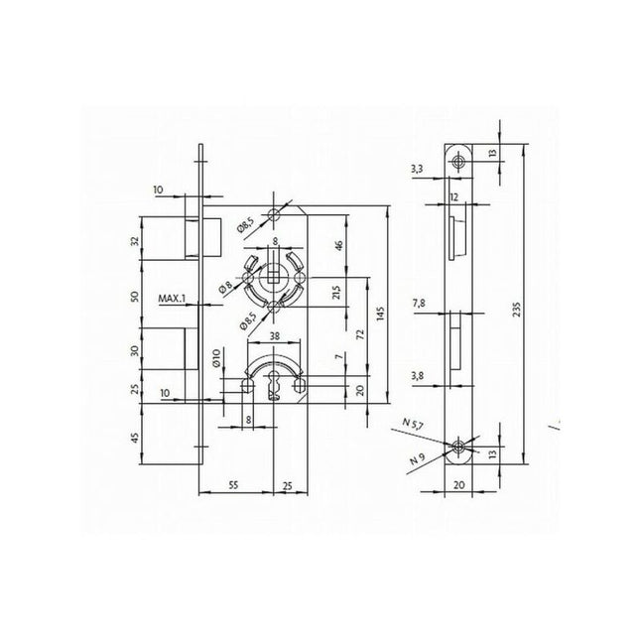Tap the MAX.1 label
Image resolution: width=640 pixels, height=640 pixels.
[174, 297]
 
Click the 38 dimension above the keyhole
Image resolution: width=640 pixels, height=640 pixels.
[272, 336]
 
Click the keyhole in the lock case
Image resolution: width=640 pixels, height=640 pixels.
[273, 387]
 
